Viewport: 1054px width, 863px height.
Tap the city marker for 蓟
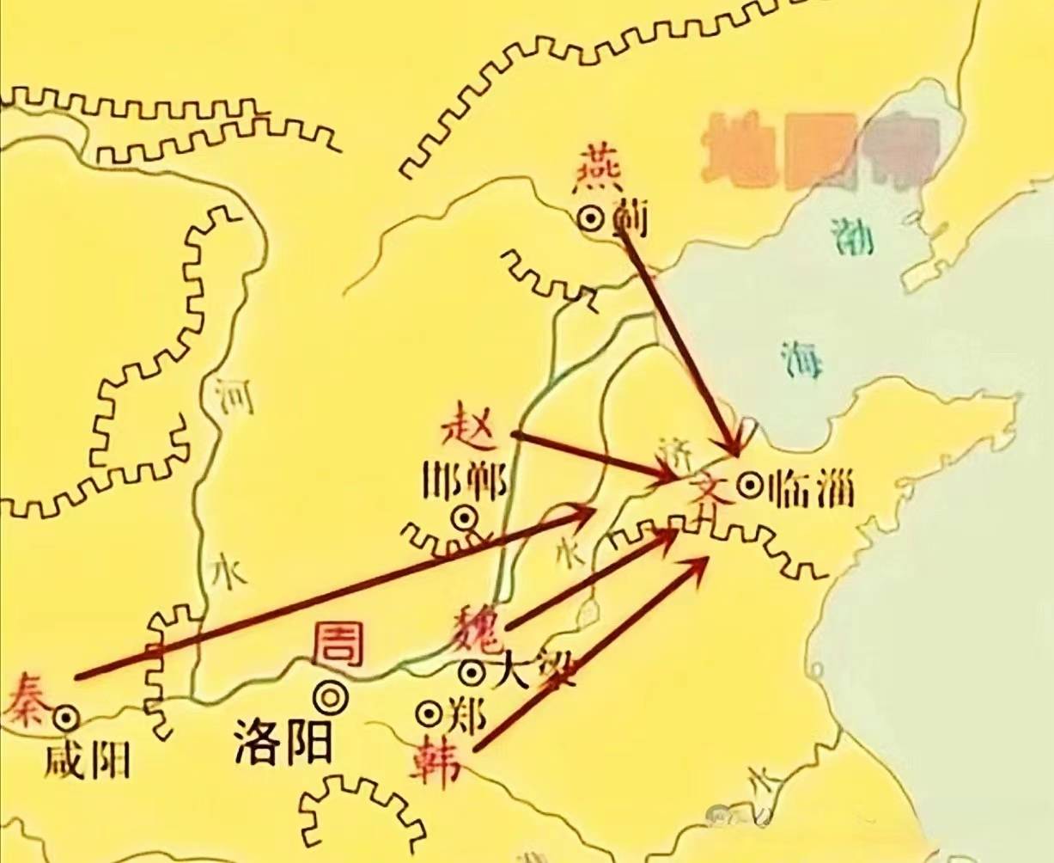coord(591,219)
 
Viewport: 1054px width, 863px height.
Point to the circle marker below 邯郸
coord(465,517)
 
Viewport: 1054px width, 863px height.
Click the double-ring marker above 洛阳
coord(331,696)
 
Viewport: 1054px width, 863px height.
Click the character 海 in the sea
coord(802,358)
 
